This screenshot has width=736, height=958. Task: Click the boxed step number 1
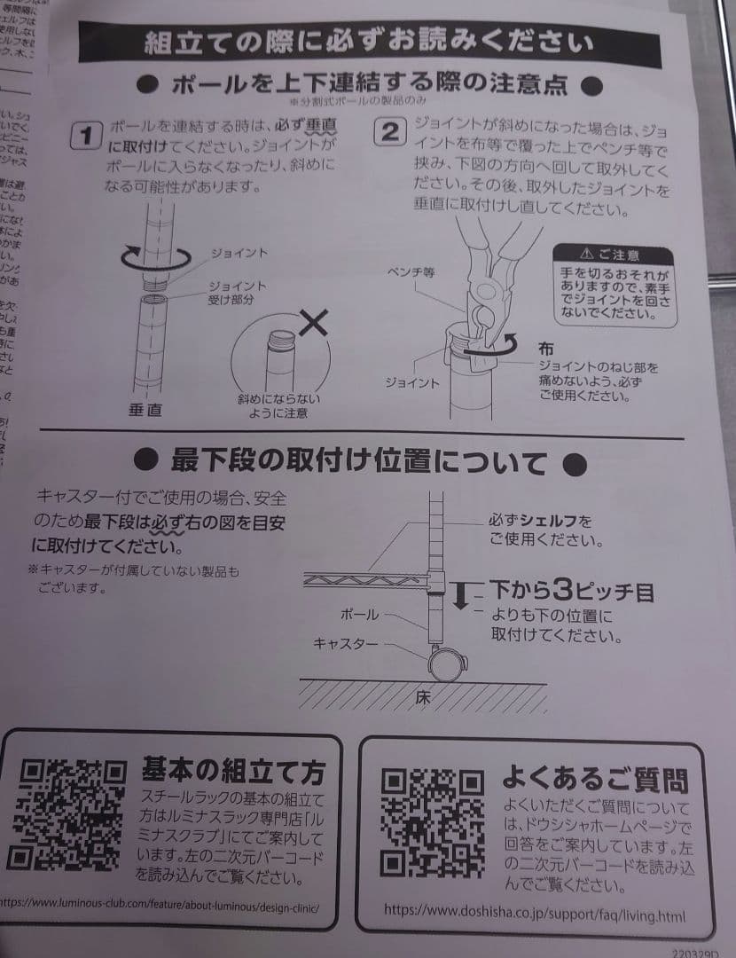(x=86, y=137)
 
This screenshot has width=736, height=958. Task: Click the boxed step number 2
(x=389, y=133)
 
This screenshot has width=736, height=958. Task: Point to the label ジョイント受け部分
(x=237, y=293)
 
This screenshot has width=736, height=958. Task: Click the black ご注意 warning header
(x=612, y=255)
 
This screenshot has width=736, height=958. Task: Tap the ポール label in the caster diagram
(x=359, y=613)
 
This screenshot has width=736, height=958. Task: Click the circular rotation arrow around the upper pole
(x=155, y=256)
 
